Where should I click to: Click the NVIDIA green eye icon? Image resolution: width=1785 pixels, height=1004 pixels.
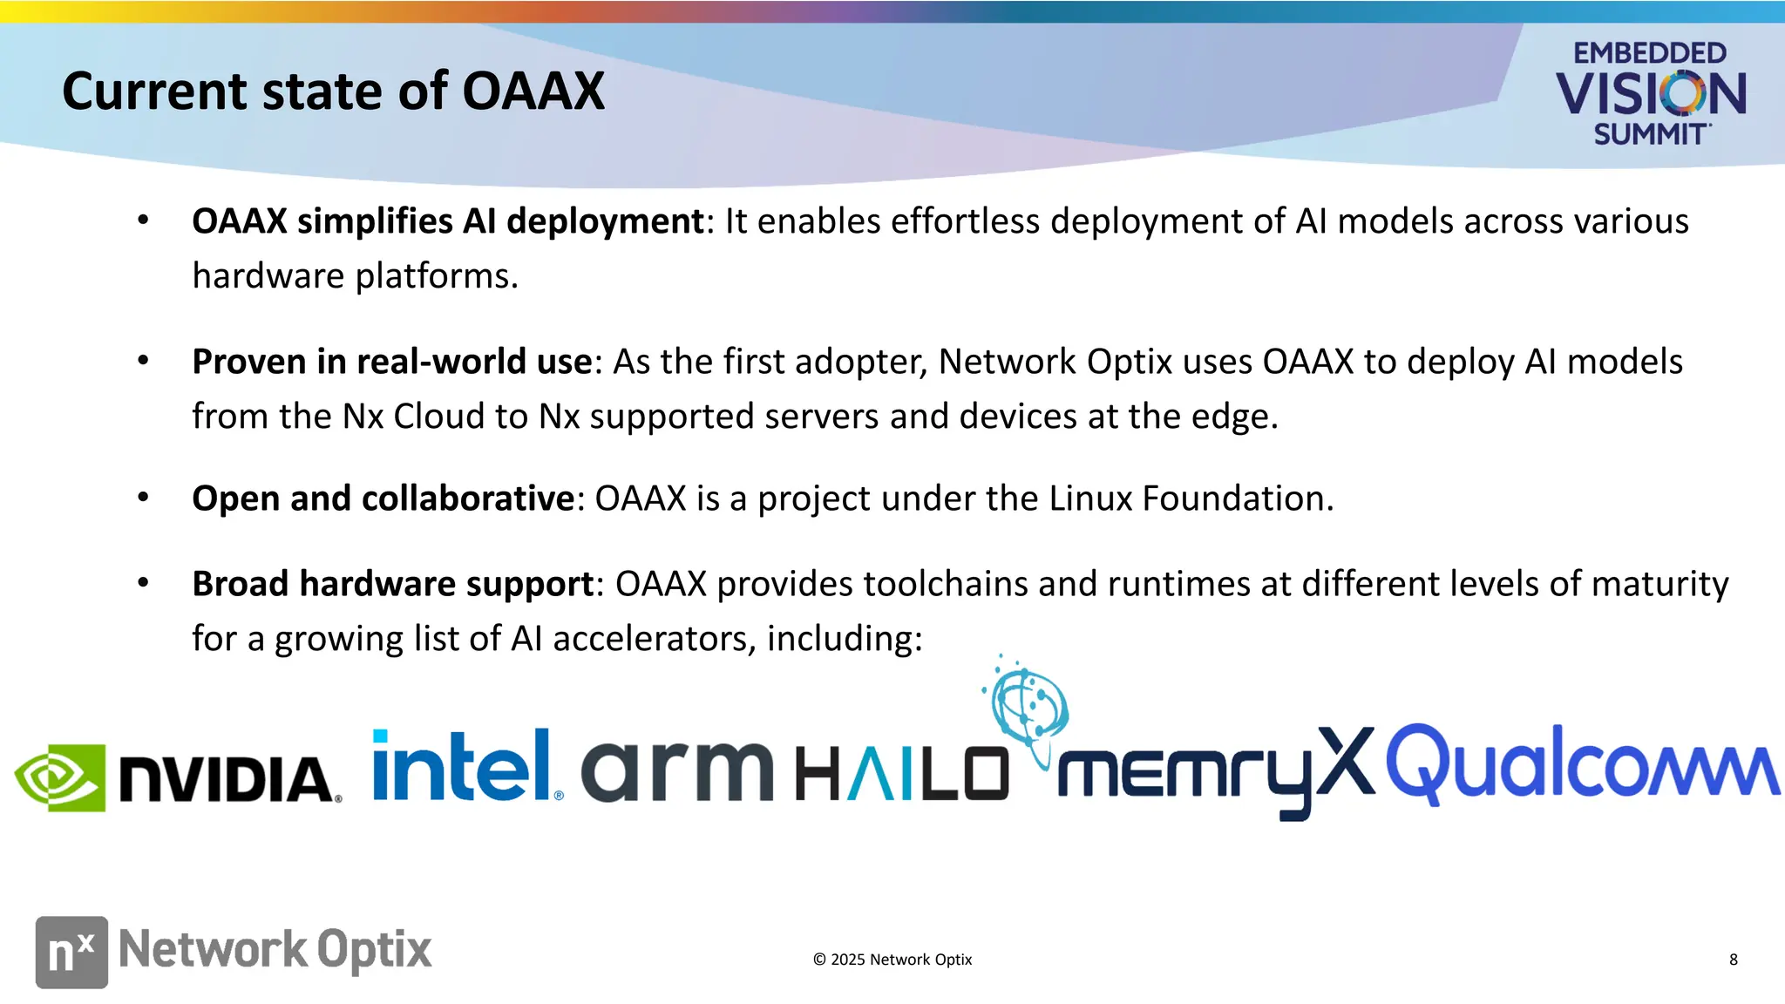click(x=59, y=777)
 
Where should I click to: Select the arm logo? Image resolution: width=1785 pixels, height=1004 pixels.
click(x=676, y=770)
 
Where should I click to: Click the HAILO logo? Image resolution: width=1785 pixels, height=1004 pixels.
click(x=902, y=774)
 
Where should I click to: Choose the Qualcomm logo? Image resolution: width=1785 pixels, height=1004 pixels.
click(x=1581, y=764)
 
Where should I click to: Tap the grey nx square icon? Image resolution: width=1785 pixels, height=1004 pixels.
click(x=71, y=952)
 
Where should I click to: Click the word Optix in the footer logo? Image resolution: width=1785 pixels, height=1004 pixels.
click(x=374, y=949)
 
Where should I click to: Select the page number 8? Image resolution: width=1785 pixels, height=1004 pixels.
click(x=1733, y=960)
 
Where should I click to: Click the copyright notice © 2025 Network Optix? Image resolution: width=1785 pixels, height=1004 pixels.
click(x=892, y=960)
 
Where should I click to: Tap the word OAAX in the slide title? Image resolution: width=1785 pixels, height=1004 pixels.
click(x=533, y=91)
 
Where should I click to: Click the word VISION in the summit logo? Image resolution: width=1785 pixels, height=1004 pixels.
click(x=1650, y=94)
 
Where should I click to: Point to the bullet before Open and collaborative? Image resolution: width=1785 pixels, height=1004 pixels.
click(x=143, y=498)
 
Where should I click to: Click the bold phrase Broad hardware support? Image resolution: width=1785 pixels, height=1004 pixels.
click(x=392, y=583)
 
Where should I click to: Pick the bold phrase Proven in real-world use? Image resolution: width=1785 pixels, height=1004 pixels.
click(x=391, y=362)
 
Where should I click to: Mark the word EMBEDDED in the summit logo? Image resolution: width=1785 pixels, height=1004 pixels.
click(x=1649, y=53)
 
